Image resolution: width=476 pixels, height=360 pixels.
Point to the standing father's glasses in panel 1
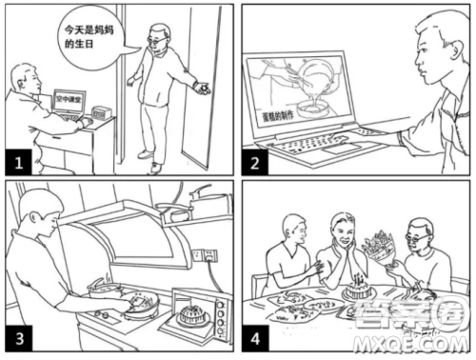click(x=154, y=41)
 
